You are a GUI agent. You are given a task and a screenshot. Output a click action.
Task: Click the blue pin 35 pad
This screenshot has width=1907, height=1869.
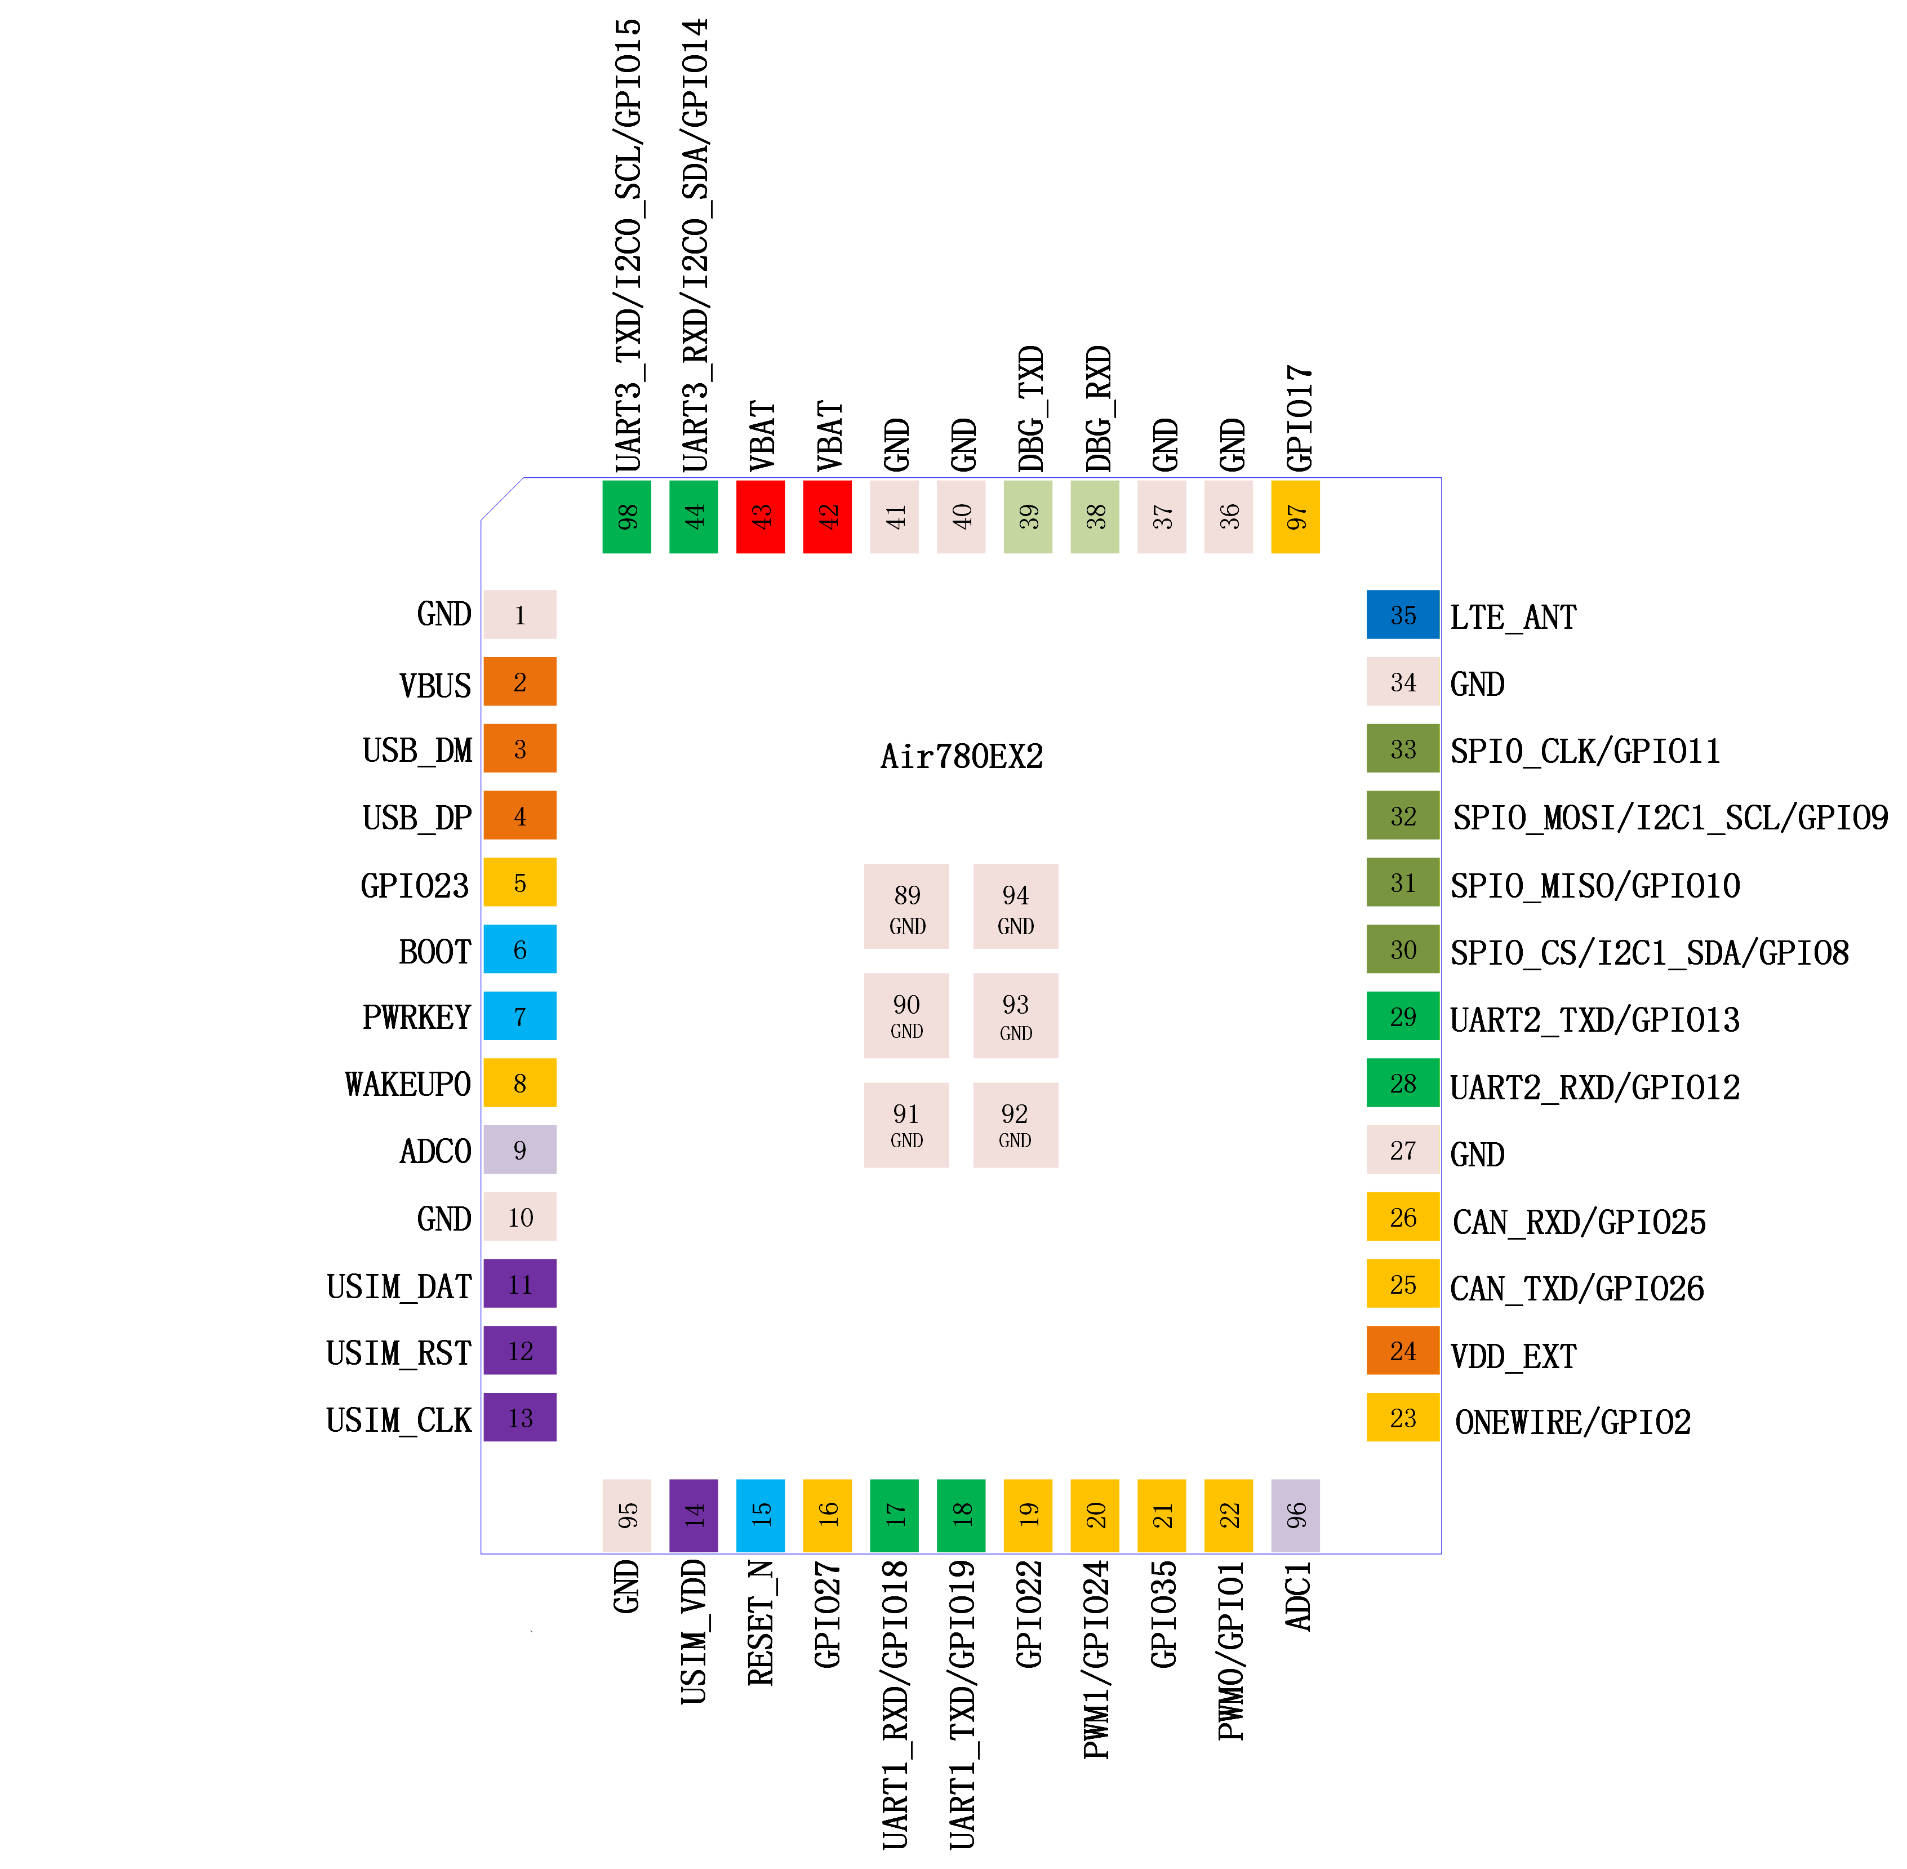coord(1403,615)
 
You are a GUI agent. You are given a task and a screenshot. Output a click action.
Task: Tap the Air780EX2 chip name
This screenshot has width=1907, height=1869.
coord(961,756)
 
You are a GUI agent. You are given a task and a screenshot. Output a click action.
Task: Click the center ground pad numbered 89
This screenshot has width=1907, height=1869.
coord(906,906)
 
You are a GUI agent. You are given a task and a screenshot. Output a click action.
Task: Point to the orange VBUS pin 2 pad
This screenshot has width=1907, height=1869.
coord(520,681)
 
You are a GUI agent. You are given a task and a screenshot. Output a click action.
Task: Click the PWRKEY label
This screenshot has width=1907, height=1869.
coord(417,1017)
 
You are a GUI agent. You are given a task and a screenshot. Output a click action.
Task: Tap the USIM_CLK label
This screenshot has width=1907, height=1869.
coord(398,1419)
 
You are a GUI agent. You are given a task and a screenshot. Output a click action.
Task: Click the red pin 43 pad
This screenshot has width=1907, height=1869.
coord(761,516)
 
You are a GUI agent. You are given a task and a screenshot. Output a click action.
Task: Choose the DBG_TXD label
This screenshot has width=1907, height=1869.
coord(1030,409)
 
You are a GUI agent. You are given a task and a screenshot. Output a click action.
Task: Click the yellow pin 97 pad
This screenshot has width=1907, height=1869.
coord(1296,516)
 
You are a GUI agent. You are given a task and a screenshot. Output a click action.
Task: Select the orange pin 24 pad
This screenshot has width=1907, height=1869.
coord(1403,1351)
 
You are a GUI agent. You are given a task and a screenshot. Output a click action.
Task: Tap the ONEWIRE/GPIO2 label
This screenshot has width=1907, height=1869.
coord(1572,1422)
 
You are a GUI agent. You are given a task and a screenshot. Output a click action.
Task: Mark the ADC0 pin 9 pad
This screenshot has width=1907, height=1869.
coord(520,1149)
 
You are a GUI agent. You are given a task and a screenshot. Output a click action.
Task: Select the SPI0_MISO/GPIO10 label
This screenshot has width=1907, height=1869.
coord(1595,885)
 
